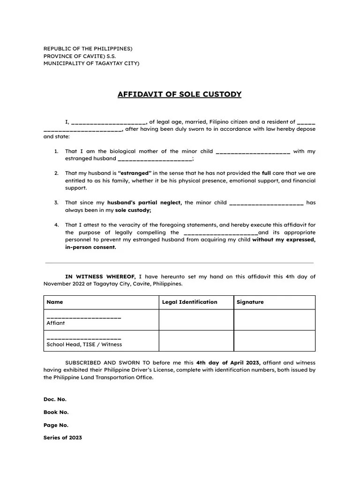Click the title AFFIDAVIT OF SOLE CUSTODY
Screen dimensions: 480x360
click(180, 95)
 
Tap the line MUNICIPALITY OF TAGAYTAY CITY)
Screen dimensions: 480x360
click(91, 63)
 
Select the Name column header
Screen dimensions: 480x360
click(55, 302)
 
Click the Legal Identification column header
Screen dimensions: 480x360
click(189, 302)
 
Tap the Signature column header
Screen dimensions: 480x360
click(250, 302)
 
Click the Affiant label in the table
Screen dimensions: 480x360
click(56, 323)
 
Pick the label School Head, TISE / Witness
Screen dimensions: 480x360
click(84, 344)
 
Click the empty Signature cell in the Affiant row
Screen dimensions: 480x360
click(274, 320)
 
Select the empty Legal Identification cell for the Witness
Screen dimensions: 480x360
click(196, 341)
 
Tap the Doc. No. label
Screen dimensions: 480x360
click(55, 399)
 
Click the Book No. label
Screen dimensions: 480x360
click(56, 412)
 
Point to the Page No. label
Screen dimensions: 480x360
click(56, 425)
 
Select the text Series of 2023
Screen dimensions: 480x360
click(63, 438)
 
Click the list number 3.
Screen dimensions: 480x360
click(56, 202)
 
